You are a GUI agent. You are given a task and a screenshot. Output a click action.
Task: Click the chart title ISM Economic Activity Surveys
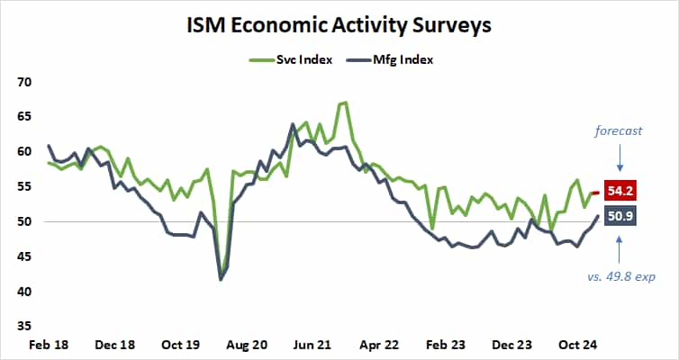[x=339, y=24]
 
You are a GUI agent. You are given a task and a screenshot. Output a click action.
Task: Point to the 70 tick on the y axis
[x=23, y=82]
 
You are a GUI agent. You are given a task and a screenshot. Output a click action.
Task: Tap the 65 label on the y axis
[x=23, y=117]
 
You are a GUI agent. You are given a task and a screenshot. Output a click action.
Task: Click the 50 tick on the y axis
[x=23, y=222]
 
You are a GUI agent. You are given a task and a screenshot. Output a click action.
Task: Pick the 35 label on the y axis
[x=23, y=327]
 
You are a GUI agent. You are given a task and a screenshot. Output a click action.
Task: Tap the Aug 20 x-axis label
[x=246, y=345]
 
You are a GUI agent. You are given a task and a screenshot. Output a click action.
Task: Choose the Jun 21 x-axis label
[x=312, y=345]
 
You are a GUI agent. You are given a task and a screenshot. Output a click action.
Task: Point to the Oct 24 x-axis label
[x=577, y=345]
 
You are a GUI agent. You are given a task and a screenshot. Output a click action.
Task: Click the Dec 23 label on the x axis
[x=512, y=345]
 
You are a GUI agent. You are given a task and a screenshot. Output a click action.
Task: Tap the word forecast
[x=618, y=130]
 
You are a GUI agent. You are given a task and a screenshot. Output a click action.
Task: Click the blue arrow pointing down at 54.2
[x=620, y=160]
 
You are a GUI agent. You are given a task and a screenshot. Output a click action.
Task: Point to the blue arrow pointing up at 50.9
[x=620, y=248]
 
